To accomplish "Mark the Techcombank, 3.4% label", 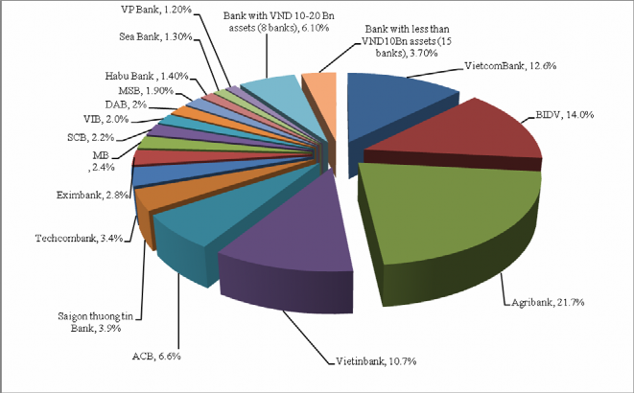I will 79,238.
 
